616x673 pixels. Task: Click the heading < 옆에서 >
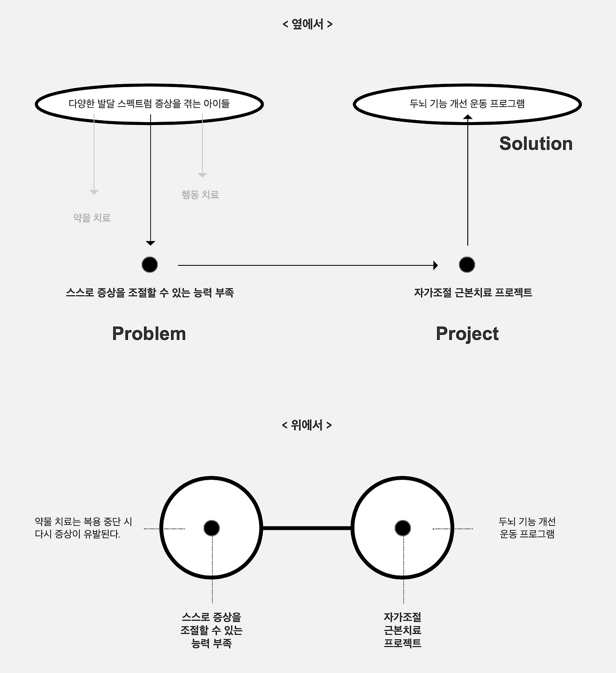308,24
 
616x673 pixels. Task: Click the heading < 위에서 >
307,425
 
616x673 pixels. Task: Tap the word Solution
536,144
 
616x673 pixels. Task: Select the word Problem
149,334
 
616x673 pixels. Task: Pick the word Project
467,334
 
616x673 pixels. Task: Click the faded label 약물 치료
92,218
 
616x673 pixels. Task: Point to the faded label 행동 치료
200,195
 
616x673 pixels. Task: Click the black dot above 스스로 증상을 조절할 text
150,264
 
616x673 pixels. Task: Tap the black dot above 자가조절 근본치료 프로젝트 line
467,264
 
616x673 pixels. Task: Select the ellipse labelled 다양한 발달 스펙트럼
149,104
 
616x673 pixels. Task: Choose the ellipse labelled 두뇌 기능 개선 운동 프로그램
467,104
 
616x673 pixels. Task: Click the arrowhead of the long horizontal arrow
436,265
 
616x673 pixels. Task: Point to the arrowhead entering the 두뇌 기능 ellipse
467,117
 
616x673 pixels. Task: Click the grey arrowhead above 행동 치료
202,175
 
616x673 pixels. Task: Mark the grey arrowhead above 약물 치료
94,192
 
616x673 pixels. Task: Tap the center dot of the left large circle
211,528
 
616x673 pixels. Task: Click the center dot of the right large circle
403,528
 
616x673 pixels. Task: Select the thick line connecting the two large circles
307,528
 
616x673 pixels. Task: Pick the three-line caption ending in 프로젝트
403,630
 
